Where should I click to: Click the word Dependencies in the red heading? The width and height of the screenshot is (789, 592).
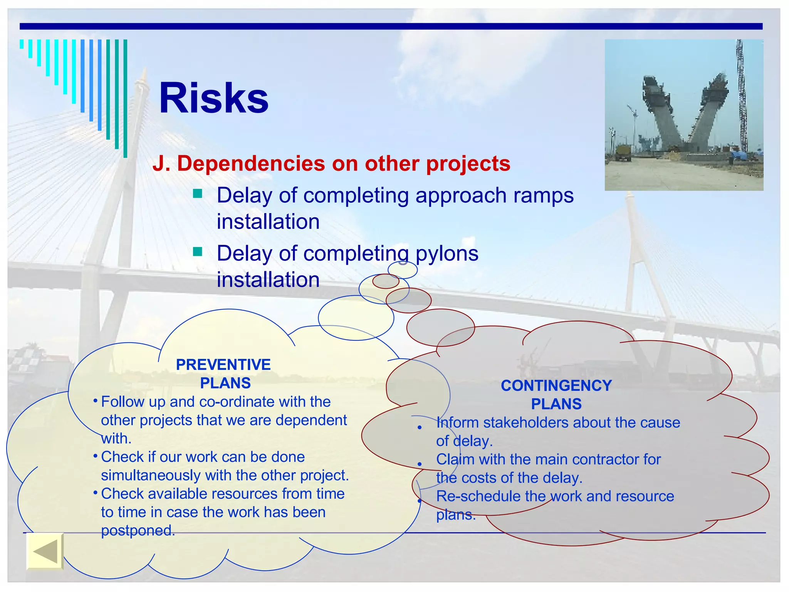pyautogui.click(x=252, y=163)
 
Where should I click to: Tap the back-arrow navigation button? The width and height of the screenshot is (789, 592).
pyautogui.click(x=45, y=551)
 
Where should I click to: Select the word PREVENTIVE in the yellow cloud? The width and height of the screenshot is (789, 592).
pyautogui.click(x=223, y=365)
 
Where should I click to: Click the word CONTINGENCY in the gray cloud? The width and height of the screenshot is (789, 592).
pyautogui.click(x=556, y=385)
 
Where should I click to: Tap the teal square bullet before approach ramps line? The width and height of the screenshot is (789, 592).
pyautogui.click(x=198, y=193)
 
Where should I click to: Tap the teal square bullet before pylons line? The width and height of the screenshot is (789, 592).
pyautogui.click(x=198, y=252)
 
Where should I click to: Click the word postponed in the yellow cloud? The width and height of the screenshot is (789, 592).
pyautogui.click(x=137, y=531)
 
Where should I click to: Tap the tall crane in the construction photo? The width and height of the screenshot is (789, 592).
pyautogui.click(x=740, y=96)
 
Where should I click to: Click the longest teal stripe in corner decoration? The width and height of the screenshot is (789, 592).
pyautogui.click(x=125, y=98)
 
